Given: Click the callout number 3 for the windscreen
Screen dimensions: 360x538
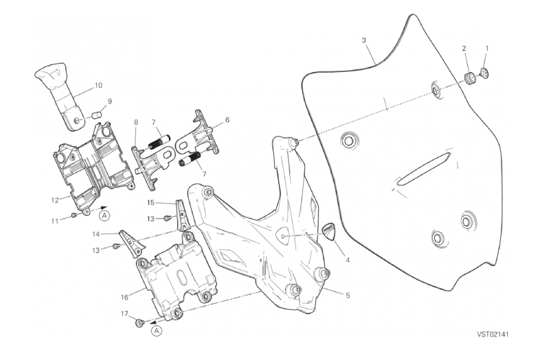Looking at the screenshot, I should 363,41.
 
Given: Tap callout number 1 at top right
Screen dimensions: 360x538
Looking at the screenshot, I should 487,49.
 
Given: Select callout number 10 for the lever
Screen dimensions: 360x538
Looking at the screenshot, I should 98,86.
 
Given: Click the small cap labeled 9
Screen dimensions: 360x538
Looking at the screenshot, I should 98,113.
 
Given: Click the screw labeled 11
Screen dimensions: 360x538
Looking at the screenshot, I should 74,215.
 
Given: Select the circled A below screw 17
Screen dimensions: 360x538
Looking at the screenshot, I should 156,331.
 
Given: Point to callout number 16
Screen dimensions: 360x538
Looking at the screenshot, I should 124,297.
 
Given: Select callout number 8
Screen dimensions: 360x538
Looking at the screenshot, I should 136,122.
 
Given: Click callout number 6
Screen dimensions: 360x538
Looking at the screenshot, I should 227,120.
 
